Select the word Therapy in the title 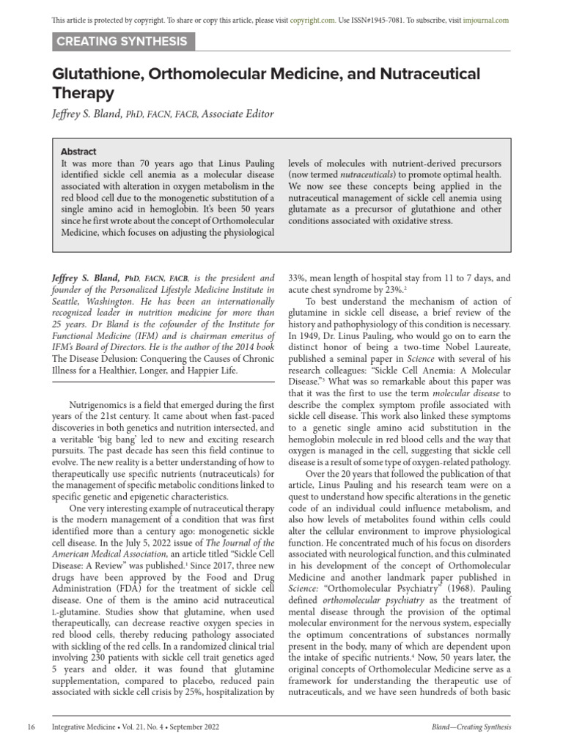[x=84, y=93]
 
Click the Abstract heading [x=78, y=152]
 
